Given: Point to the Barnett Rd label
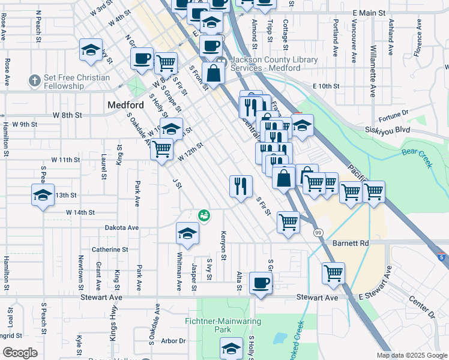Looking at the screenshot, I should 351,244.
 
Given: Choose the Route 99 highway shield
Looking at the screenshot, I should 318,232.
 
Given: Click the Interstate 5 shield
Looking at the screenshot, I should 442,257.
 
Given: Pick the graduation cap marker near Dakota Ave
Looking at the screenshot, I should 187,233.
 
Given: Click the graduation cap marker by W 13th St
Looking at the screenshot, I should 43,195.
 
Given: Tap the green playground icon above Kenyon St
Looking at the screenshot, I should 204,215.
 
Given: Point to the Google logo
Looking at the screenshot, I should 20,353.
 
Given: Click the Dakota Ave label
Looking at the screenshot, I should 122,228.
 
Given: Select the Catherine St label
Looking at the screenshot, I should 110,249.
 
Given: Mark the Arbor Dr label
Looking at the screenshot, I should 173,341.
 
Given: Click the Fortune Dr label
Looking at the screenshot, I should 394,112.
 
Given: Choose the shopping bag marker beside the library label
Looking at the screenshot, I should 213,73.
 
